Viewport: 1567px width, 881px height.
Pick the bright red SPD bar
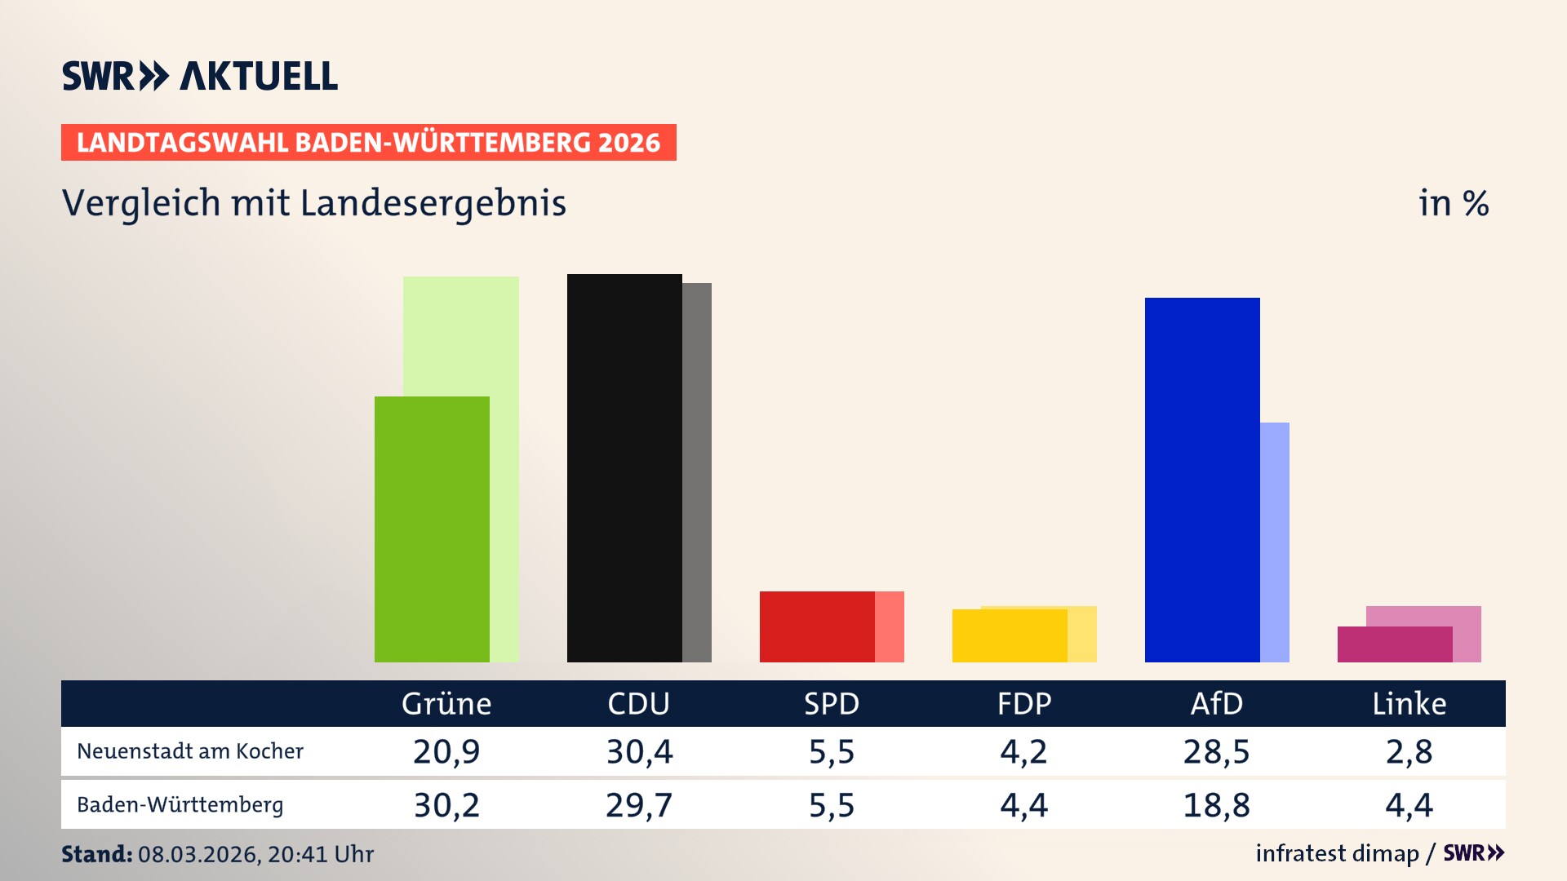817,626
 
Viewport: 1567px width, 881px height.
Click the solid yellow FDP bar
1010,635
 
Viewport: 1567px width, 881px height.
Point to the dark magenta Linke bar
1395,644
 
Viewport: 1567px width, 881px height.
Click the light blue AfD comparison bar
1275,542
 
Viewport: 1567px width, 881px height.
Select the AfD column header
1216,703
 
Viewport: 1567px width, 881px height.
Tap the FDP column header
1024,703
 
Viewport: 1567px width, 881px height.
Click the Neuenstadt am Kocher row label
190,751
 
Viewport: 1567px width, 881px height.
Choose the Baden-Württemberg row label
180,805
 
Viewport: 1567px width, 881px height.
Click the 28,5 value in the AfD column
1216,751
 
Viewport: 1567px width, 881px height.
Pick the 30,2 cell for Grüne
446,805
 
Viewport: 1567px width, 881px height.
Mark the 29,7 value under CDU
639,805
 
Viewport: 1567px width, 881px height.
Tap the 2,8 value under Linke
1409,751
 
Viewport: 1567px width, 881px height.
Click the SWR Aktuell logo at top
200,76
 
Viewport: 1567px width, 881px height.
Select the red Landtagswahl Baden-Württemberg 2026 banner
368,143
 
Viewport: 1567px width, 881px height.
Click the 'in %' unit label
1454,203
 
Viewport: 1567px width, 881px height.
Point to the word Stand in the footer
96,854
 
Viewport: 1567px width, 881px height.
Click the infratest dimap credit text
1337,853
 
